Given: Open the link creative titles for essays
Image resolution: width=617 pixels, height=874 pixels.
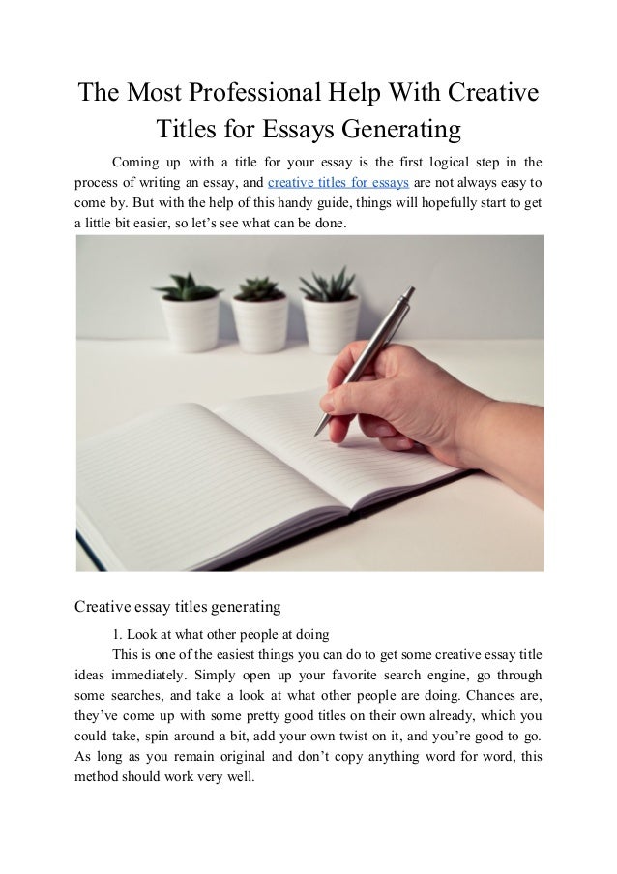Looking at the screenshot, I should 338,181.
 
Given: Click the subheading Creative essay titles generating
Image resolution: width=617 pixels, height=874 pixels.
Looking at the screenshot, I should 177,607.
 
